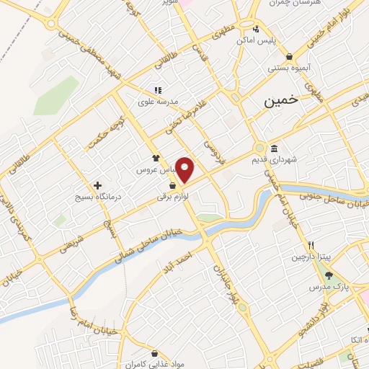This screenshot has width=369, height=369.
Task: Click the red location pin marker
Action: pos(185,169)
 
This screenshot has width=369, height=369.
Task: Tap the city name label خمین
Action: pos(280,102)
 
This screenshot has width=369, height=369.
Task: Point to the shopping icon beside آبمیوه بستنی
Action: pos(289,56)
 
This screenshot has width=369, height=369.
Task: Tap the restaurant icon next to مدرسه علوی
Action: pos(157,91)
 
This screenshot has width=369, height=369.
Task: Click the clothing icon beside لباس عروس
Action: pos(155,157)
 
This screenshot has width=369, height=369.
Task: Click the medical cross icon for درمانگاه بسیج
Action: pos(97,184)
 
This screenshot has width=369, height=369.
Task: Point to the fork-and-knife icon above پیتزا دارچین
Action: pos(311,245)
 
